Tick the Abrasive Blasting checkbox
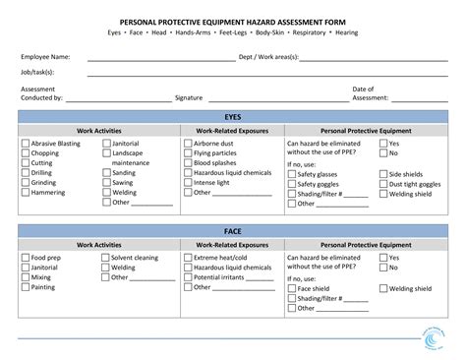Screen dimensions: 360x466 tap(25, 144)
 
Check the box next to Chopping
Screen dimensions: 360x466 tap(25, 153)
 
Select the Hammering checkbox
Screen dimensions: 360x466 tap(25, 193)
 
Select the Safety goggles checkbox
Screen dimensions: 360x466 tap(291, 184)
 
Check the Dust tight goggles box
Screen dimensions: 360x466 tap(382, 184)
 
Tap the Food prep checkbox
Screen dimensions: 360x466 tap(25, 258)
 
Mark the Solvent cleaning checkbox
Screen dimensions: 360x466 tap(104, 258)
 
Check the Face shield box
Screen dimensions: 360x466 tap(291, 288)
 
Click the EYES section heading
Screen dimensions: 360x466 tap(233, 116)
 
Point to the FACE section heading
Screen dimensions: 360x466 tap(233, 230)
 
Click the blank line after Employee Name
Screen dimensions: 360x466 tap(161, 58)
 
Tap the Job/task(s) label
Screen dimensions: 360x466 tap(37, 72)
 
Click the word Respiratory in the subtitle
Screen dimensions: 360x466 tap(308, 32)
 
